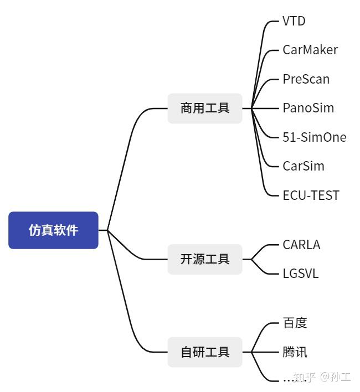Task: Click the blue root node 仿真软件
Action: [x=53, y=230]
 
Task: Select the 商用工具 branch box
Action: [x=205, y=108]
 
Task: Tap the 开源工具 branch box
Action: [x=205, y=259]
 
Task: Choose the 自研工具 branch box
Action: [x=205, y=352]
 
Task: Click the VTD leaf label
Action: [x=294, y=22]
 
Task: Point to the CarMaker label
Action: [x=310, y=50]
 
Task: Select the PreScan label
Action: [x=306, y=79]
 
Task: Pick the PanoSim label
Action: [x=308, y=108]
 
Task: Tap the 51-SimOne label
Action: [x=314, y=137]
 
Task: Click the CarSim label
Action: [x=303, y=166]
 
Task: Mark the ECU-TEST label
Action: [x=311, y=195]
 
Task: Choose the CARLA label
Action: [x=301, y=245]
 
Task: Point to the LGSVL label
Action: [x=300, y=274]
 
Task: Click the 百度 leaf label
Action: [x=295, y=323]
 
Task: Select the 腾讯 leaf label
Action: [x=295, y=352]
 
